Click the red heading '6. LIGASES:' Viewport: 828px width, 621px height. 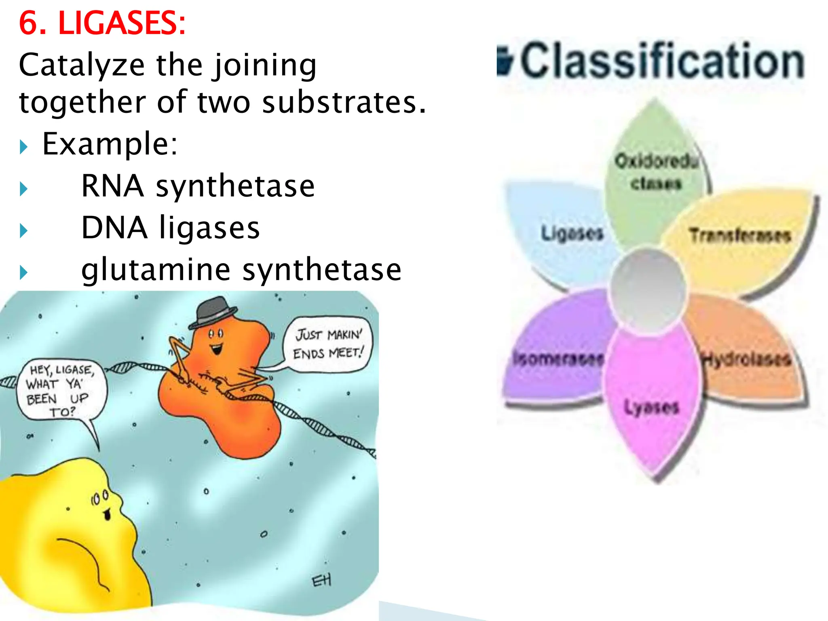click(102, 23)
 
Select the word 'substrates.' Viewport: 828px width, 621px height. click(344, 103)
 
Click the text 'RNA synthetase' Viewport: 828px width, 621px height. click(198, 186)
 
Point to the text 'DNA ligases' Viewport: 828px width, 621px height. click(170, 228)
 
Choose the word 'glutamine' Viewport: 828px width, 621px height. click(156, 270)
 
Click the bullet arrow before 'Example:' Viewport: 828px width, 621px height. click(23, 147)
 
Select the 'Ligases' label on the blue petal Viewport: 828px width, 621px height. click(572, 233)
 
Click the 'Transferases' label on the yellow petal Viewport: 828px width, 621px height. click(740, 235)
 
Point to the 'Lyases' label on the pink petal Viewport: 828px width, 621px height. click(651, 407)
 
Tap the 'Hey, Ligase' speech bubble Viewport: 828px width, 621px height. click(61, 390)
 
